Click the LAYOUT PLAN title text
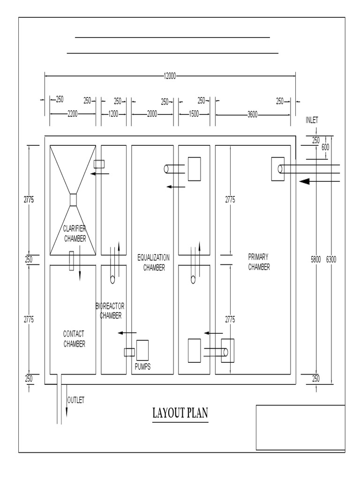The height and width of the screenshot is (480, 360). (x=180, y=413)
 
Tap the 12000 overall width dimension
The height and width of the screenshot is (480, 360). (x=169, y=76)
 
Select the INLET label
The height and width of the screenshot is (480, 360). (x=312, y=120)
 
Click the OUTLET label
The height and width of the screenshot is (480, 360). (x=76, y=400)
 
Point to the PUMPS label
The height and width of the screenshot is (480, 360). (x=142, y=367)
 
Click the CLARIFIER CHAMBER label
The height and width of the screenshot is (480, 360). (x=75, y=233)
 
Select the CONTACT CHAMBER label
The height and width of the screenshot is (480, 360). (x=74, y=339)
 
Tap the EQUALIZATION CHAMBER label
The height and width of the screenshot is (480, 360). (x=153, y=262)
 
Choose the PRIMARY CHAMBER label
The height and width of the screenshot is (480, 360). (x=259, y=262)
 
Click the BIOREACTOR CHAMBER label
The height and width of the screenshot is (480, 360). (x=111, y=311)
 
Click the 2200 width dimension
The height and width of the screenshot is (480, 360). (x=73, y=114)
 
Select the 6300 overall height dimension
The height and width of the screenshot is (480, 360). (x=331, y=259)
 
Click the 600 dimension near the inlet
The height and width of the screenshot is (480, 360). (x=325, y=147)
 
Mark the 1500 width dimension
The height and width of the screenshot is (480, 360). (x=194, y=114)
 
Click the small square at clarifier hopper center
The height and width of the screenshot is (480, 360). (x=73, y=200)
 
